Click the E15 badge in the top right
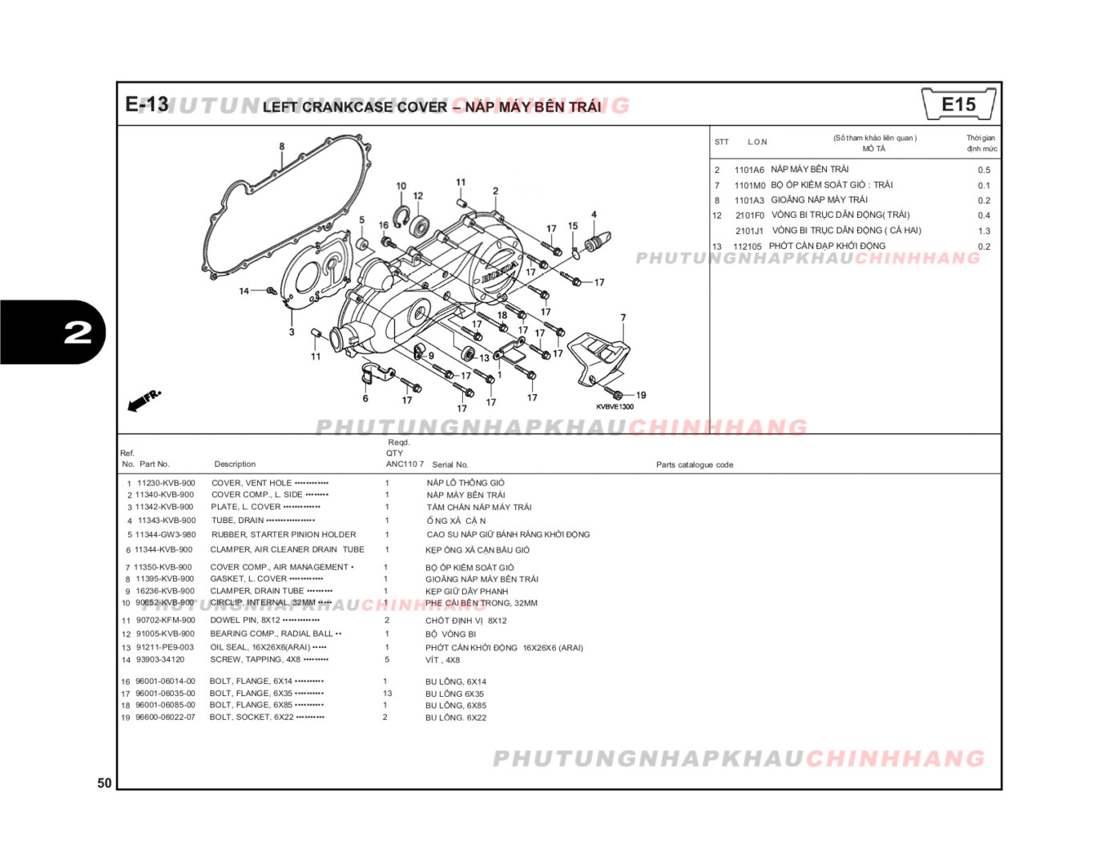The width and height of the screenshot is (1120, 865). (x=958, y=105)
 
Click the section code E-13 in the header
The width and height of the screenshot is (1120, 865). (x=147, y=105)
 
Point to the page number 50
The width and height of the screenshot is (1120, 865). (x=104, y=783)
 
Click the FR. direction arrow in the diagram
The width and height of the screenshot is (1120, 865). (x=144, y=400)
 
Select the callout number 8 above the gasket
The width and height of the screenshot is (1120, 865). (x=281, y=147)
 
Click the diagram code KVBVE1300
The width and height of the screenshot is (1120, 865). (x=614, y=407)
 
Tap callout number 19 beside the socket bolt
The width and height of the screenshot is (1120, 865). (x=640, y=395)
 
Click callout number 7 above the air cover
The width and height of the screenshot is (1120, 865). (x=622, y=318)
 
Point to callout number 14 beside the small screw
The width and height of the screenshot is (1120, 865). (x=244, y=291)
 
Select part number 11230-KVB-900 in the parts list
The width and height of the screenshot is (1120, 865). (x=166, y=483)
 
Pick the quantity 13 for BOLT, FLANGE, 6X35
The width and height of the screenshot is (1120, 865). (x=387, y=694)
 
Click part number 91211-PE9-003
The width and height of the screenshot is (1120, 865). (x=164, y=647)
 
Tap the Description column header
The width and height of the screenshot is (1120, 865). (x=235, y=465)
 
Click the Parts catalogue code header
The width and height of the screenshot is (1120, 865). (x=694, y=465)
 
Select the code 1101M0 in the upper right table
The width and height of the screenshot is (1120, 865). (x=749, y=185)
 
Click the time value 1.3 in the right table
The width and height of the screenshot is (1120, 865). (x=983, y=231)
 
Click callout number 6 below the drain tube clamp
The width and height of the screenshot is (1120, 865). (x=365, y=398)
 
